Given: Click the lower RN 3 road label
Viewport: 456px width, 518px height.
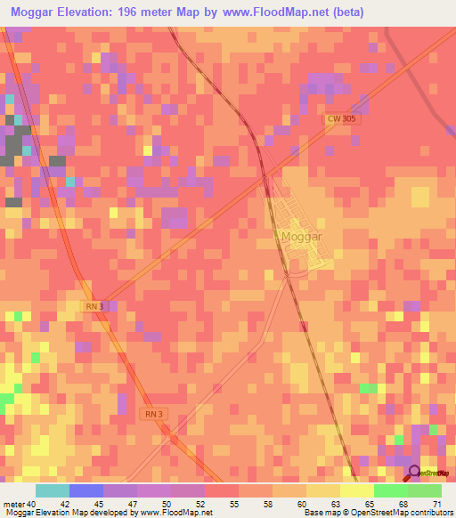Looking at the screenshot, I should (152, 414).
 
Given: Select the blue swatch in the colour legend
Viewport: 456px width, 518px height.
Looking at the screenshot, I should (85, 490).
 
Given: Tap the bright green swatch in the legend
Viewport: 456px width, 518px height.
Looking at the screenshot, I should (390, 490).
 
